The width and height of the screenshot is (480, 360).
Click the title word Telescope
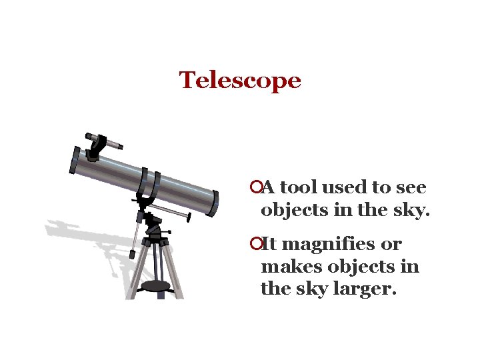(x=240, y=81)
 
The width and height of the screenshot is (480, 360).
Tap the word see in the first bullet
(x=410, y=188)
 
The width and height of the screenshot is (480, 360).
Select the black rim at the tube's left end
(x=73, y=161)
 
